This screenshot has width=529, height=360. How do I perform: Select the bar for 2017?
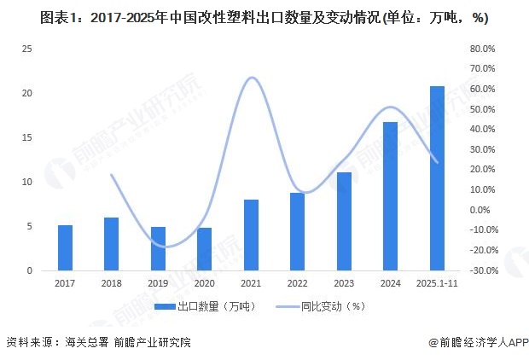pyautogui.click(x=65, y=247)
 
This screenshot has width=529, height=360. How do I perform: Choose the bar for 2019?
pyautogui.click(x=158, y=248)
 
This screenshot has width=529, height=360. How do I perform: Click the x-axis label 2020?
pyautogui.click(x=204, y=282)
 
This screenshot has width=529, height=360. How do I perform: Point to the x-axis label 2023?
pyautogui.click(x=344, y=282)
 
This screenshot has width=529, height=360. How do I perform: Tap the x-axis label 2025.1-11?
pyautogui.click(x=437, y=282)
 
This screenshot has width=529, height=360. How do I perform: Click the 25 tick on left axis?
pyautogui.click(x=27, y=49)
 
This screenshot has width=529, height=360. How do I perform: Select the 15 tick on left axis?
pyautogui.click(x=27, y=137)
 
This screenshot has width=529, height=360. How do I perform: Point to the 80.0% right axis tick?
pyautogui.click(x=483, y=49)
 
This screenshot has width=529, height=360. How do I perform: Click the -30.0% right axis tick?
pyautogui.click(x=481, y=270)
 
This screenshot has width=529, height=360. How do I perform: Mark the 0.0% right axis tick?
pyautogui.click(x=483, y=210)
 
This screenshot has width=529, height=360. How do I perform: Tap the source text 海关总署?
pyautogui.click(x=85, y=343)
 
